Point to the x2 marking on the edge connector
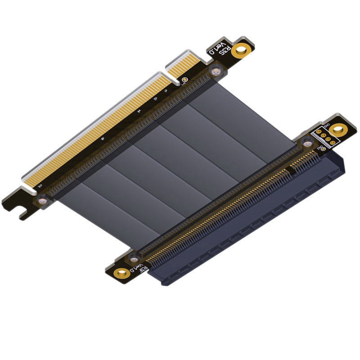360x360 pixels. coord(155,99)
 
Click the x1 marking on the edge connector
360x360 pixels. coord(166,91)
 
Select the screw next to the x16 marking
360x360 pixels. coord(41,200)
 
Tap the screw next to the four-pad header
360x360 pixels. coord(307,144)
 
